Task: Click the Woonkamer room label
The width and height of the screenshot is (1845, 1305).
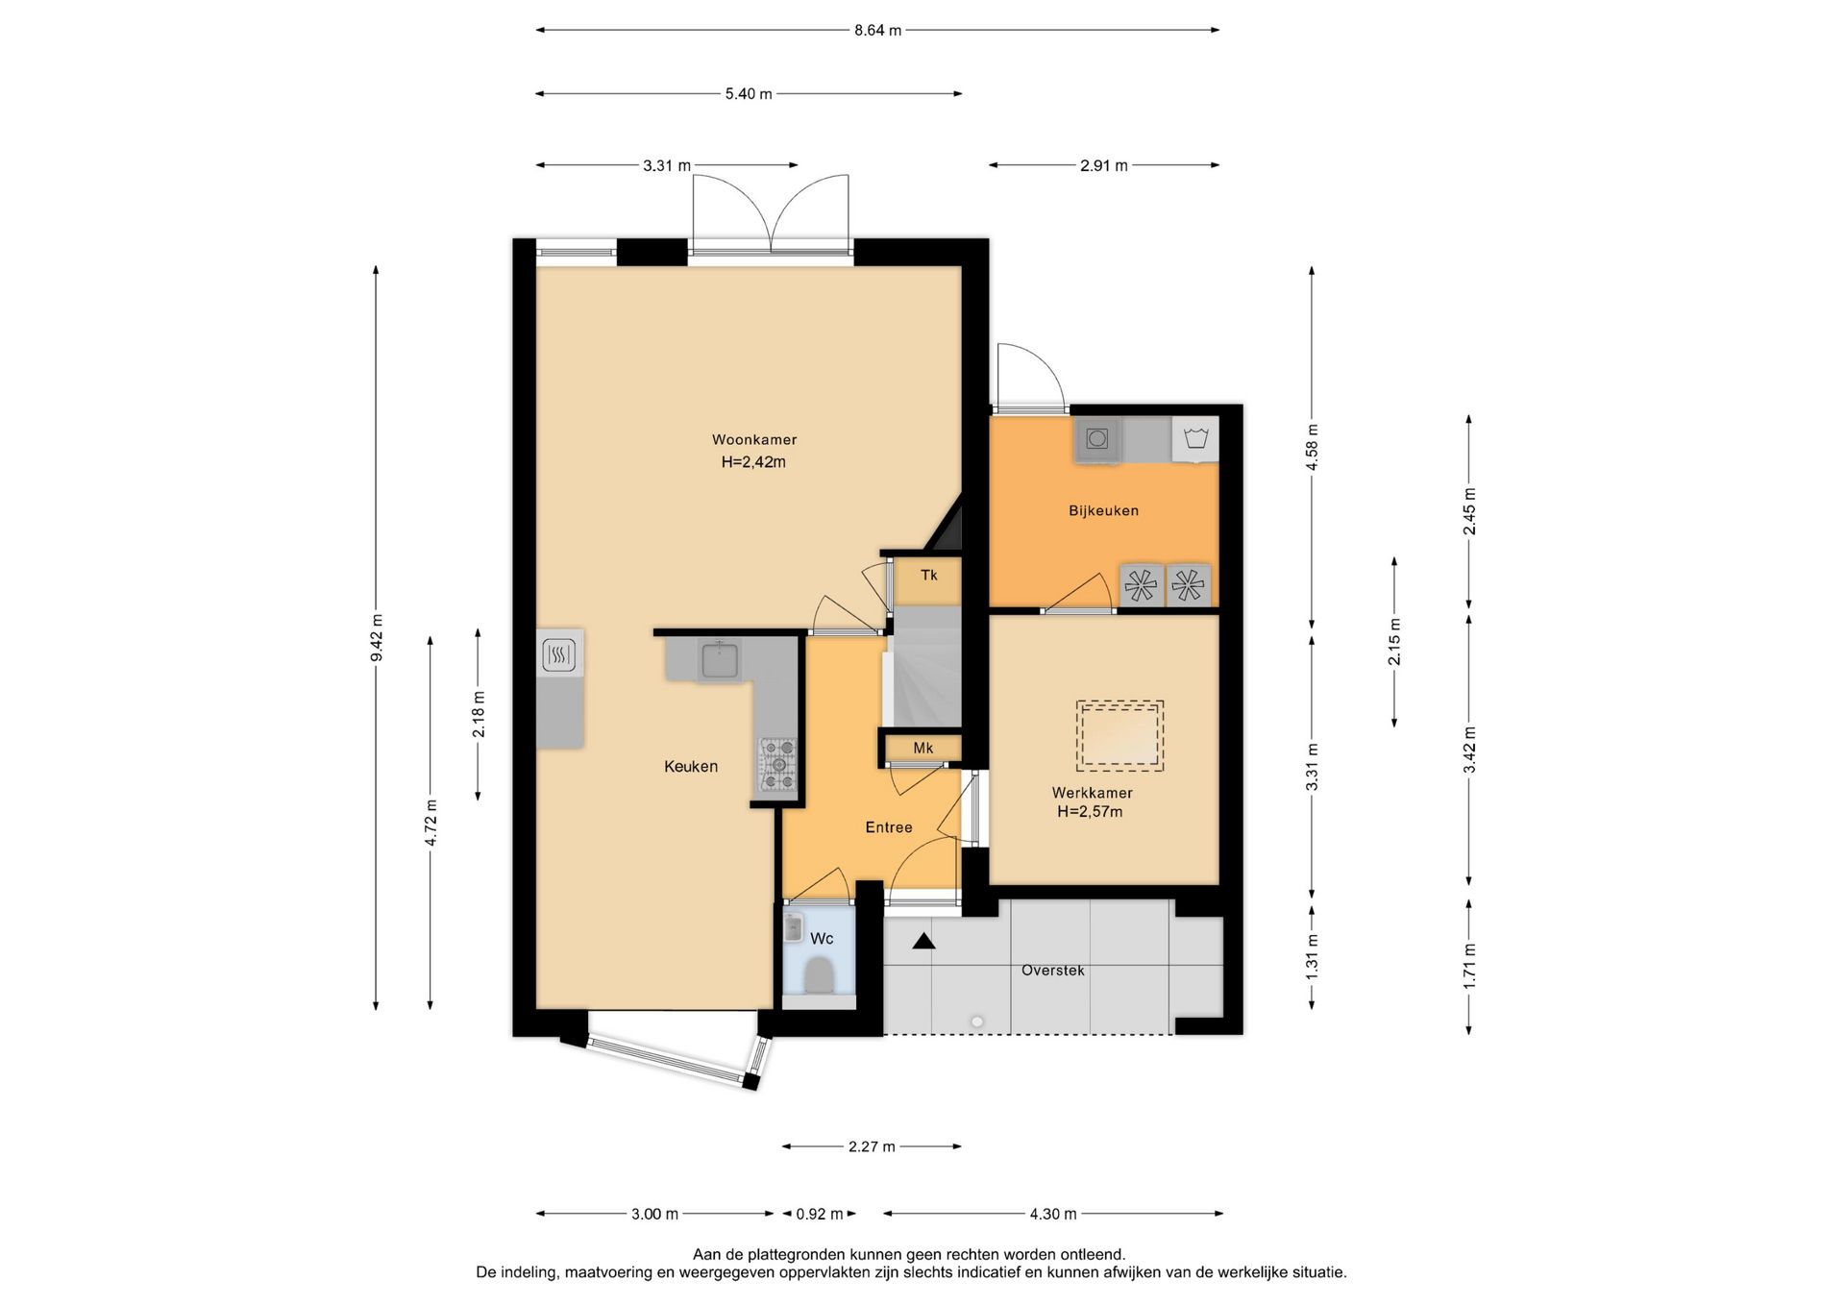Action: (754, 440)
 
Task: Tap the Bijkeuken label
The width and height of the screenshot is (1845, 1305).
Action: (1103, 511)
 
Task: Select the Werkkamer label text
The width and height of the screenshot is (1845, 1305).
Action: (1092, 793)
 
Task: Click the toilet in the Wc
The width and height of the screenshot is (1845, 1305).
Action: (819, 975)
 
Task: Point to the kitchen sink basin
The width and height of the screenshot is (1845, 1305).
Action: (720, 660)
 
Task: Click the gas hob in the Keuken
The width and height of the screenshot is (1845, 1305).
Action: (778, 765)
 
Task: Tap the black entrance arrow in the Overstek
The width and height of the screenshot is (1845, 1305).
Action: (923, 942)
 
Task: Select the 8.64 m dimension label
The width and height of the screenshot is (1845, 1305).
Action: (878, 31)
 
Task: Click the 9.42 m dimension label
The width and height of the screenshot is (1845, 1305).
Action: (377, 638)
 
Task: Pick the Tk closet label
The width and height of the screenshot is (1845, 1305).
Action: (929, 576)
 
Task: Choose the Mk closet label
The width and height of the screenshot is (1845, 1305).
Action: (923, 749)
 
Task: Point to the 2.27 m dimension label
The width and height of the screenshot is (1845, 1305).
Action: (872, 1146)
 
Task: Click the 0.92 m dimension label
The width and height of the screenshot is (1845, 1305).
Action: (820, 1214)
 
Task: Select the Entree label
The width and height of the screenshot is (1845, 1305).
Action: (889, 827)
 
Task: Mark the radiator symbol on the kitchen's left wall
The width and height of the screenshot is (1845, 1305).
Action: (559, 656)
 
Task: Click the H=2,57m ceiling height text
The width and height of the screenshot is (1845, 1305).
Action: (1090, 812)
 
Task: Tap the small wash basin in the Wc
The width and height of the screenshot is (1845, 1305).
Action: (794, 928)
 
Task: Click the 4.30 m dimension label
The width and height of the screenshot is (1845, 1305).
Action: (1053, 1214)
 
